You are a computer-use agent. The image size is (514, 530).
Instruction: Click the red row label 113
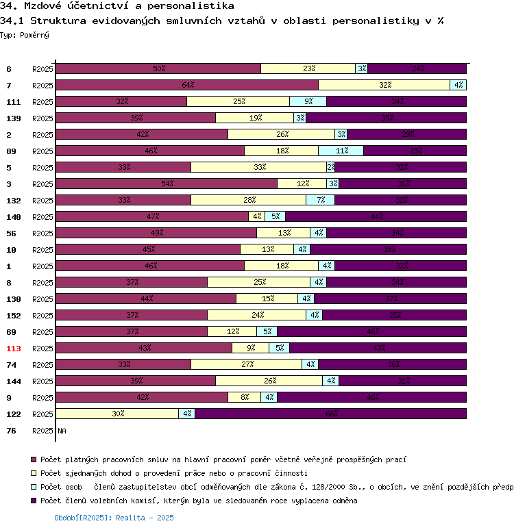click(x=14, y=349)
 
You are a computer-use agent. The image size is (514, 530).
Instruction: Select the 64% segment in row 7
click(x=187, y=85)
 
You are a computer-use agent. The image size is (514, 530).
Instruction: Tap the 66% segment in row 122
click(x=331, y=414)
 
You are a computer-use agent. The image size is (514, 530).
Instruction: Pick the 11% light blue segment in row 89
click(x=341, y=151)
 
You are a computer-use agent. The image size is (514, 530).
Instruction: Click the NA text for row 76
click(x=62, y=431)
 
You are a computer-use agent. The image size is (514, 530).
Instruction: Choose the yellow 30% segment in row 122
click(x=117, y=414)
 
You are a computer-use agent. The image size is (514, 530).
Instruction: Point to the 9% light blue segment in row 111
click(x=308, y=101)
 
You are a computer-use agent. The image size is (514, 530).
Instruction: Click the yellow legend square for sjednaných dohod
click(x=34, y=473)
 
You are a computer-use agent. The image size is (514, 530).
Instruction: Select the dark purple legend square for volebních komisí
click(x=34, y=501)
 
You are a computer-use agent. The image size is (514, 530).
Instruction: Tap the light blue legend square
click(x=34, y=487)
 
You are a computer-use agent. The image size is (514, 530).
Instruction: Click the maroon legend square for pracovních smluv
click(x=34, y=459)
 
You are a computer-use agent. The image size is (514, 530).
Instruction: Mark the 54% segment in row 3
click(x=167, y=184)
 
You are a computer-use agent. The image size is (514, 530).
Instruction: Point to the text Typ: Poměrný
click(x=25, y=34)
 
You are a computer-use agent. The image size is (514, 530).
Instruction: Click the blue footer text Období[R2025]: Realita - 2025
click(x=114, y=518)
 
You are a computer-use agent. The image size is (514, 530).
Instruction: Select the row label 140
click(x=14, y=217)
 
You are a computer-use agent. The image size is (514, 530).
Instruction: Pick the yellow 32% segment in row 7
click(x=384, y=85)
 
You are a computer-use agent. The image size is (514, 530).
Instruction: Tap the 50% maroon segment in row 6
click(x=158, y=68)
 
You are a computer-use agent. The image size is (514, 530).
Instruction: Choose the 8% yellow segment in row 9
click(x=244, y=397)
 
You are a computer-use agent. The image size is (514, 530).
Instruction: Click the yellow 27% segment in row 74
click(x=246, y=364)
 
